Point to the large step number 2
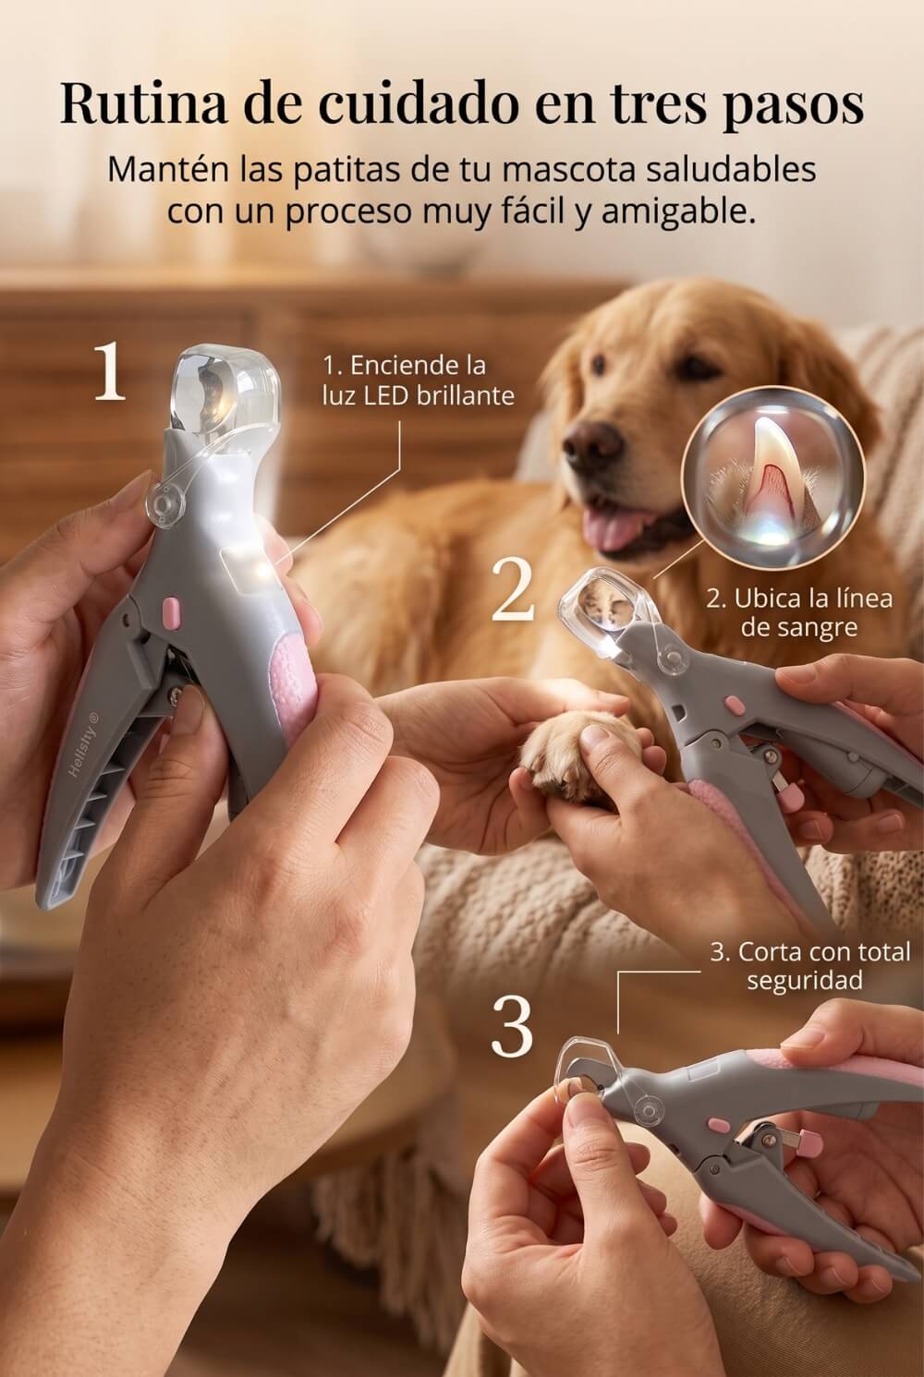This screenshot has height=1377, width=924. tap(513, 591)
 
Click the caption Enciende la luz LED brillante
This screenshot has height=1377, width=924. tap(419, 380)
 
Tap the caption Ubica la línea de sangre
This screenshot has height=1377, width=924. tap(799, 612)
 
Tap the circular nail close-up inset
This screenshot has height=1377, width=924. tap(772, 477)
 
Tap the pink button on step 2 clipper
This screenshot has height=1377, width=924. tap(735, 704)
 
